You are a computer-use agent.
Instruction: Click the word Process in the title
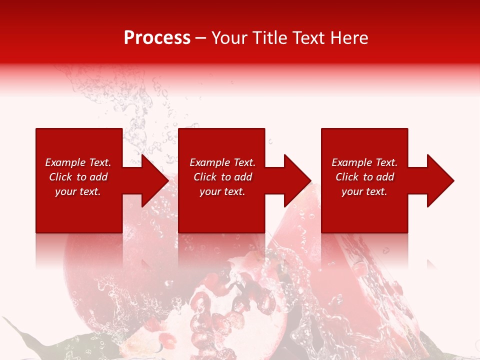pos(157,38)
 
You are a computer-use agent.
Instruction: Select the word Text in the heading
pos(309,38)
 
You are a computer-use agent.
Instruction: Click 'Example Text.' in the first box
pos(78,162)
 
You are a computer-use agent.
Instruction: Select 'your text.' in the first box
pos(78,191)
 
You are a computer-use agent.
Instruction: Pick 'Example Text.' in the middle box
pos(222,162)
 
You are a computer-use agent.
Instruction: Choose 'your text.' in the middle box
pos(222,191)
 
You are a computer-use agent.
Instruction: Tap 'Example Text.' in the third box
pos(364,162)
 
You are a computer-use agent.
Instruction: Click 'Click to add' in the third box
pos(364,177)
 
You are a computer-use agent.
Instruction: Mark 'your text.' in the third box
pos(364,191)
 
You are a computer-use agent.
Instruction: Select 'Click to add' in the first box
pos(78,177)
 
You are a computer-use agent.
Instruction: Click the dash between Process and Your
pos(201,38)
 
